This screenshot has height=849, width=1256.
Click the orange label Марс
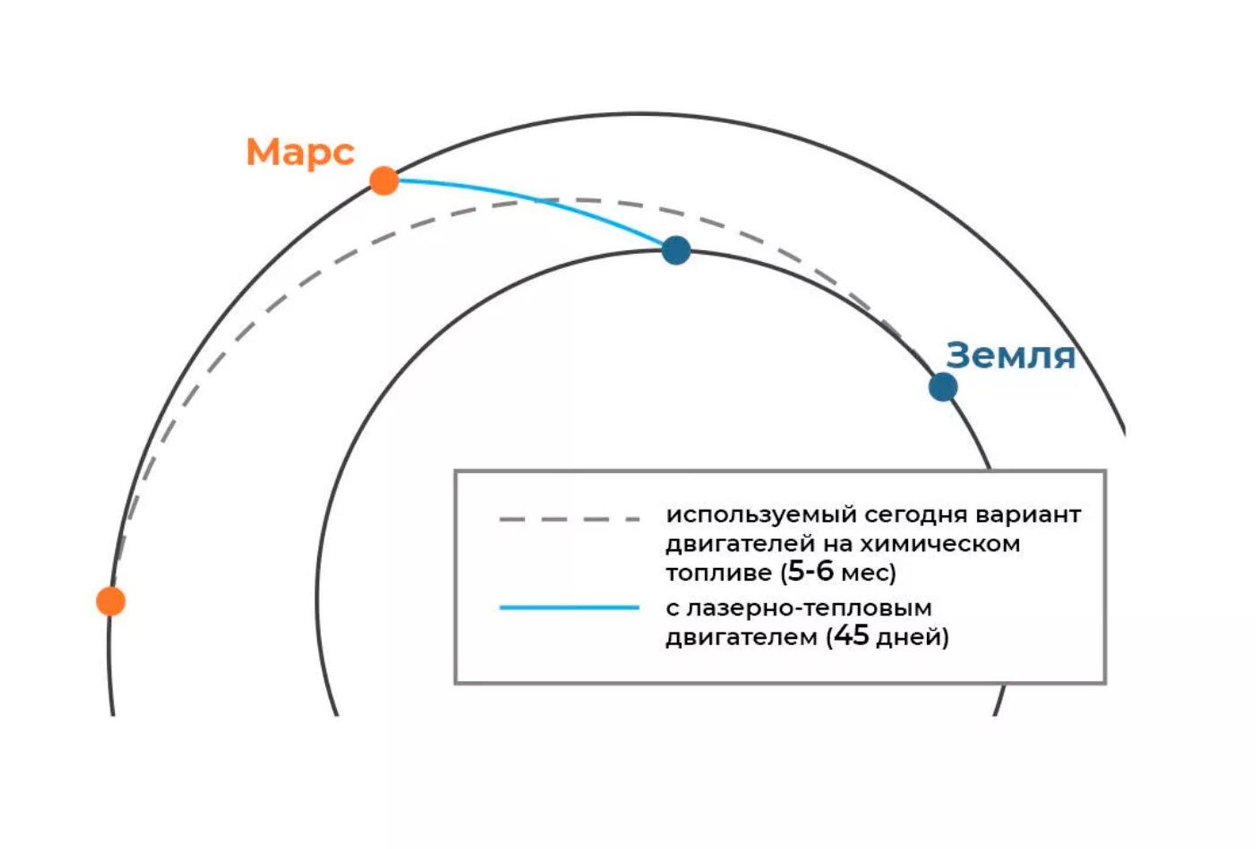pyautogui.click(x=300, y=152)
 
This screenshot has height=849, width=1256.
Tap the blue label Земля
pyautogui.click(x=1011, y=355)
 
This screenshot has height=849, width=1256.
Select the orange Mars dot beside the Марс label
pyautogui.click(x=384, y=181)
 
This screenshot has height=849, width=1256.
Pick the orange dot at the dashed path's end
pyautogui.click(x=111, y=601)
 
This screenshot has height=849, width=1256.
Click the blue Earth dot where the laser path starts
pyautogui.click(x=676, y=250)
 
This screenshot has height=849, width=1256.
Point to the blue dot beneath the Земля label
pyautogui.click(x=943, y=387)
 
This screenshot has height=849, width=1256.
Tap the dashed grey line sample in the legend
pyautogui.click(x=569, y=519)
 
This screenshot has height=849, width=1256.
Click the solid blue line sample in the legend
pyautogui.click(x=569, y=607)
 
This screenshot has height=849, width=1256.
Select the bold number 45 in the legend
pyautogui.click(x=852, y=635)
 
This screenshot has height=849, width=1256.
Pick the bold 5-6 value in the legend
pyautogui.click(x=811, y=571)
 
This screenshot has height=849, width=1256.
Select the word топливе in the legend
pyautogui.click(x=719, y=573)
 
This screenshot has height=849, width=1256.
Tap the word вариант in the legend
pyautogui.click(x=1028, y=515)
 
